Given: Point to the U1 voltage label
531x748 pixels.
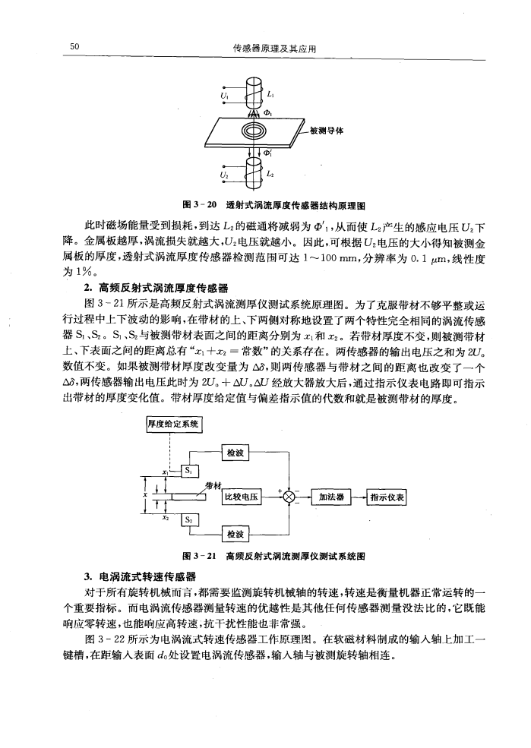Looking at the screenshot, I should coord(224,96).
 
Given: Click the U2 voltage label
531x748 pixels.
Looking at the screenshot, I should coord(223,175).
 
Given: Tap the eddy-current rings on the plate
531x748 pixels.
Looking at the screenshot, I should coord(250,132).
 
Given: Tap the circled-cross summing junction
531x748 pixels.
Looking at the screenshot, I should coord(292,498).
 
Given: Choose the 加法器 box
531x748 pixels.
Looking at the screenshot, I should coord(332,498).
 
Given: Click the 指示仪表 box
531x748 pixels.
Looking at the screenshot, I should coord(388,498).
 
